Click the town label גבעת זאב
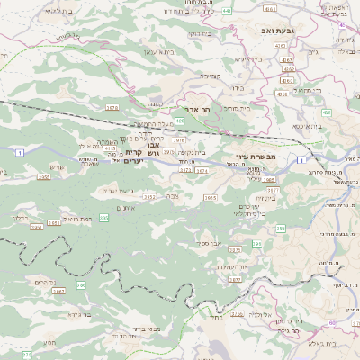261,30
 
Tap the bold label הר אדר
196,108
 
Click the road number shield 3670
112,107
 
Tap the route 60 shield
331,323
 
